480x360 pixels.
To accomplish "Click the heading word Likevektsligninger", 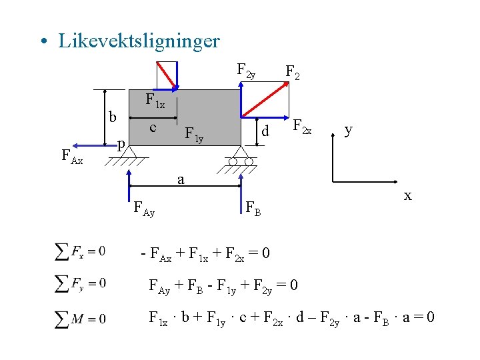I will [x=139, y=41].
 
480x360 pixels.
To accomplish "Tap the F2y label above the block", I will [x=246, y=70].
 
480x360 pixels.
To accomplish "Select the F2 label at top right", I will [x=293, y=71].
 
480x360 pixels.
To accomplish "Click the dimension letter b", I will [x=113, y=117].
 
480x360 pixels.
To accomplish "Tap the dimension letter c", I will [x=153, y=127].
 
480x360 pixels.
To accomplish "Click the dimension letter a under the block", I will [x=181, y=179].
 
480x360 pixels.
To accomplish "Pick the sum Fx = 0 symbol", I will [x=80, y=251].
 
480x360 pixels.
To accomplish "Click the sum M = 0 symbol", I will [x=80, y=318].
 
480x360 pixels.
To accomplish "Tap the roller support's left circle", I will [x=233, y=161].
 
